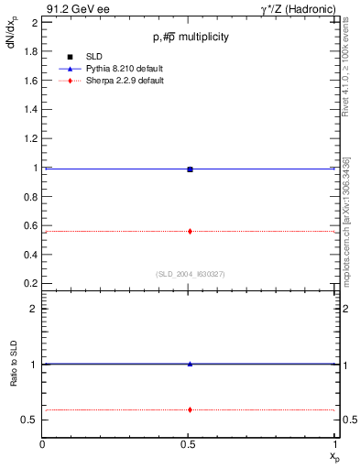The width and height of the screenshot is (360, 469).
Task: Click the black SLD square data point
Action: point(190,169)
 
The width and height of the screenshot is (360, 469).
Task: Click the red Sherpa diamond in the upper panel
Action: point(190,231)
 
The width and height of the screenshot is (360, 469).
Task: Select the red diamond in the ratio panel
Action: point(190,409)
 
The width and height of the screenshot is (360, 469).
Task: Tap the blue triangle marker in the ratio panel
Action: point(190,364)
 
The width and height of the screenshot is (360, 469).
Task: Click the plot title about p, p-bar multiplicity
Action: point(190,37)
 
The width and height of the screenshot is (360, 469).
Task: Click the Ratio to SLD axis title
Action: point(15,377)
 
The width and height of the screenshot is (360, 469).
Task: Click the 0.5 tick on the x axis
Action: point(190,446)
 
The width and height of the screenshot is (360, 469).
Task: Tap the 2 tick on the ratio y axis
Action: point(35,309)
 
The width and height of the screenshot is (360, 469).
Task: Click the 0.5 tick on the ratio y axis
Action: point(31,420)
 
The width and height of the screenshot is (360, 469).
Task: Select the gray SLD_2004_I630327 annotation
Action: point(190,273)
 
